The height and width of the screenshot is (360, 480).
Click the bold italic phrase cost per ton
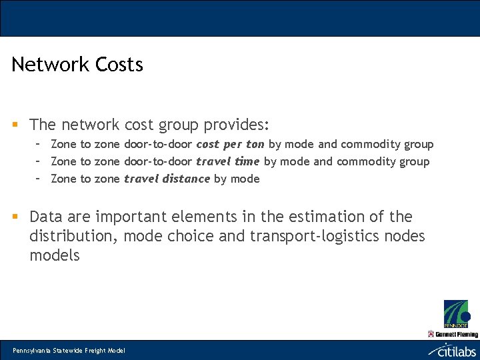230,144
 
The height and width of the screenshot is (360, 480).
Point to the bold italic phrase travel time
227,161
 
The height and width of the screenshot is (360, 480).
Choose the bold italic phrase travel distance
167,179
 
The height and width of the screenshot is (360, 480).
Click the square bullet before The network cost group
15,125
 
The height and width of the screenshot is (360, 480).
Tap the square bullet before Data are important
15,217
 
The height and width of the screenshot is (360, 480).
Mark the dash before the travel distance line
39,178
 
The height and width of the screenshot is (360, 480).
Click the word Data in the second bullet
47,217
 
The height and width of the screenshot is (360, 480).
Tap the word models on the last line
54,255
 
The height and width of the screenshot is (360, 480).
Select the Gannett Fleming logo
453,333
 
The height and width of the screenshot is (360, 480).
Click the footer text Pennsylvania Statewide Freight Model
69,351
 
